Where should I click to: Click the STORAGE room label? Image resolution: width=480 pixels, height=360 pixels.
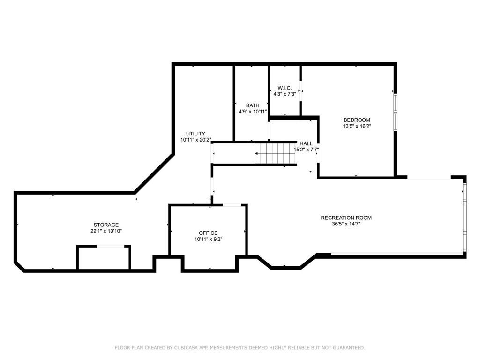point(105,225)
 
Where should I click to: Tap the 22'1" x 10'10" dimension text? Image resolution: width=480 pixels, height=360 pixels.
point(105,231)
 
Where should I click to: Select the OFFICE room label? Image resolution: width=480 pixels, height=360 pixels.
point(208,233)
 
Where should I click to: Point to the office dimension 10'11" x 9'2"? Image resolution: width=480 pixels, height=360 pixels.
point(208,240)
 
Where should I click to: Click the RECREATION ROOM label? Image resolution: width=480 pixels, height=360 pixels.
point(346,217)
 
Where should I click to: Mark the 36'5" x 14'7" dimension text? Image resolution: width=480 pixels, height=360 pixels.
point(346,224)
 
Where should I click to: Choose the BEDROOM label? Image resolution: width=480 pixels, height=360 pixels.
point(357,120)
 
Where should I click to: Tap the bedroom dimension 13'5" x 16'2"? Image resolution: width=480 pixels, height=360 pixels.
point(357,126)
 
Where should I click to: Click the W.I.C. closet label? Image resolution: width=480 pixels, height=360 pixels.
point(285,88)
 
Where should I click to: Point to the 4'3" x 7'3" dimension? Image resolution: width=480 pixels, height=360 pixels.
point(285,94)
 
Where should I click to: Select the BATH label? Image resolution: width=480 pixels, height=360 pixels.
point(253,105)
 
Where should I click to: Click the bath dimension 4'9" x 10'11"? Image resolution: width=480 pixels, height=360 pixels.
point(253,112)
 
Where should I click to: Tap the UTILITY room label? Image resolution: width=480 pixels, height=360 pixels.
point(195,134)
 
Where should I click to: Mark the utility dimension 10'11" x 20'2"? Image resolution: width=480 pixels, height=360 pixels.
point(195,140)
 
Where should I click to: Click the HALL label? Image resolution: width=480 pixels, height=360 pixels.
point(306,143)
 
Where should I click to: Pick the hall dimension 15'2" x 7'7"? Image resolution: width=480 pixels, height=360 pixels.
point(306,150)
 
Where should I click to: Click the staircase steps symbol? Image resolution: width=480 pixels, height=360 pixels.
point(276,153)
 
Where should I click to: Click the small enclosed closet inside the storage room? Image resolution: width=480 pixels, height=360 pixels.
point(104,257)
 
